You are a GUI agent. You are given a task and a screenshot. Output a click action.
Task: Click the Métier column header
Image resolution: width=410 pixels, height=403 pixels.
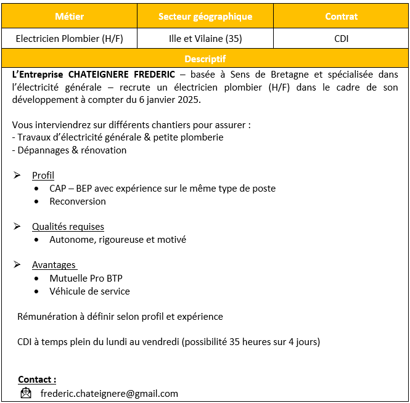pyautogui.click(x=69, y=17)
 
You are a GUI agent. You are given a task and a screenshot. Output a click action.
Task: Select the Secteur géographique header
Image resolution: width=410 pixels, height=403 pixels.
pyautogui.click(x=205, y=17)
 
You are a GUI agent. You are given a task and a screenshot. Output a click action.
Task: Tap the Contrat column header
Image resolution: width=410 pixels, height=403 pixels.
pyautogui.click(x=341, y=17)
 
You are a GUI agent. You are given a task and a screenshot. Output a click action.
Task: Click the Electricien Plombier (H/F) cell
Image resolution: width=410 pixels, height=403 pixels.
pyautogui.click(x=69, y=38)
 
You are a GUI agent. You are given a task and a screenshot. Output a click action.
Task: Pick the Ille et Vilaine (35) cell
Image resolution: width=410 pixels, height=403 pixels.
pyautogui.click(x=205, y=38)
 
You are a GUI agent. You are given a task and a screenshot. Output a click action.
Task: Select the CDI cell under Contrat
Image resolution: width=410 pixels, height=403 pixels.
pyautogui.click(x=341, y=38)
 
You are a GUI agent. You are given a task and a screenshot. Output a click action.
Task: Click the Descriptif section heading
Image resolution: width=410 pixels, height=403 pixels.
pyautogui.click(x=205, y=59)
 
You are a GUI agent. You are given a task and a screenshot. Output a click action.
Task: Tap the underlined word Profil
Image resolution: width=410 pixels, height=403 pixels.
pyautogui.click(x=43, y=176)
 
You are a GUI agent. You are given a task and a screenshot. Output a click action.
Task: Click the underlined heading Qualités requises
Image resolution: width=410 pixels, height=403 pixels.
pyautogui.click(x=68, y=227)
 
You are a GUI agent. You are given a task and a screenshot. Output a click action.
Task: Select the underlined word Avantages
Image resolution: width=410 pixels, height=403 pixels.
pyautogui.click(x=54, y=265)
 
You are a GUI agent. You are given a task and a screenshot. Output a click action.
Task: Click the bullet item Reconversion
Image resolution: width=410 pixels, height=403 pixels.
pyautogui.click(x=78, y=201)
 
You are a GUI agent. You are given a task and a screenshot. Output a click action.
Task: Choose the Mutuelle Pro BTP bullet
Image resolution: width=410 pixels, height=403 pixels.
pyautogui.click(x=86, y=279)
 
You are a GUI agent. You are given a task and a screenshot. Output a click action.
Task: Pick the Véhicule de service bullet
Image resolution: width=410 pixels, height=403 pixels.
pyautogui.click(x=89, y=291)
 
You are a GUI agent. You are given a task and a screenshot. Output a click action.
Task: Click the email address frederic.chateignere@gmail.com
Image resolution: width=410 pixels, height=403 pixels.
pyautogui.click(x=109, y=393)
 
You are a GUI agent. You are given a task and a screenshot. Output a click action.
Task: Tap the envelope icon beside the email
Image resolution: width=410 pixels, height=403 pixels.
pyautogui.click(x=26, y=393)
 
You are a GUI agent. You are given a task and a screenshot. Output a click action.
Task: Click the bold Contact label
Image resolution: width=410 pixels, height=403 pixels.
pyautogui.click(x=37, y=380)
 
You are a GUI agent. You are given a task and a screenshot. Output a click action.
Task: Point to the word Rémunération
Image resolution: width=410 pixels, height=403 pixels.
pyautogui.click(x=47, y=317)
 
